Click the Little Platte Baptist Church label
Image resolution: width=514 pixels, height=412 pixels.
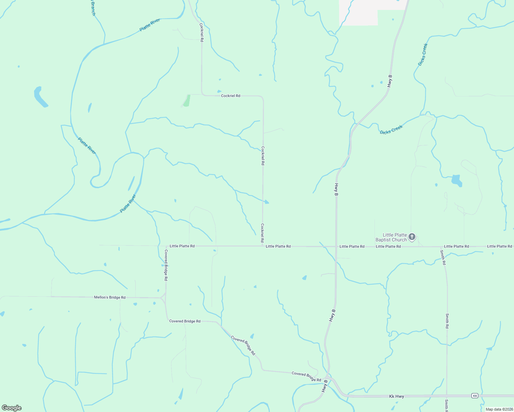[x=391, y=237]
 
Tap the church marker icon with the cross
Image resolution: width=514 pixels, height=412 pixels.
[x=412, y=237]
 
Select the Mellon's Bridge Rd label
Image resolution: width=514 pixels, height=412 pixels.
[x=110, y=297]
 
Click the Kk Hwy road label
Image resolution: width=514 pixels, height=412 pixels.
[x=396, y=396]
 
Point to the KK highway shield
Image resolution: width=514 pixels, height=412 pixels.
[x=475, y=396]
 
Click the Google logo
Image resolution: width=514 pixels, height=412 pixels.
[x=12, y=408]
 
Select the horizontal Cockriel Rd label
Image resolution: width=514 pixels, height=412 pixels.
[x=231, y=96]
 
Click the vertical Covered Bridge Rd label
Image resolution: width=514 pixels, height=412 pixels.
[x=166, y=265]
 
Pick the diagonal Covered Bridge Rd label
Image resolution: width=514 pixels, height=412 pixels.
[x=243, y=345]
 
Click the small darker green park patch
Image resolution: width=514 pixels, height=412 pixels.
[x=187, y=101]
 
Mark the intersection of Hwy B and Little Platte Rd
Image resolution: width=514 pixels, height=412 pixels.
[x=336, y=247]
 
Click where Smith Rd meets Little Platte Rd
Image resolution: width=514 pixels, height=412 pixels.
[x=441, y=247]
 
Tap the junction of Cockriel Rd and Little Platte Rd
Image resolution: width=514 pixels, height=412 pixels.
[x=263, y=246]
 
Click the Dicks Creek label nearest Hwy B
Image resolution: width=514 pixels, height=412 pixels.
[x=391, y=130]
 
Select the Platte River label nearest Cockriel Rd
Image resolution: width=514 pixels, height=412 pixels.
[x=150, y=25]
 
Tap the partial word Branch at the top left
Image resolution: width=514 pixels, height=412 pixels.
[x=93, y=8]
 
